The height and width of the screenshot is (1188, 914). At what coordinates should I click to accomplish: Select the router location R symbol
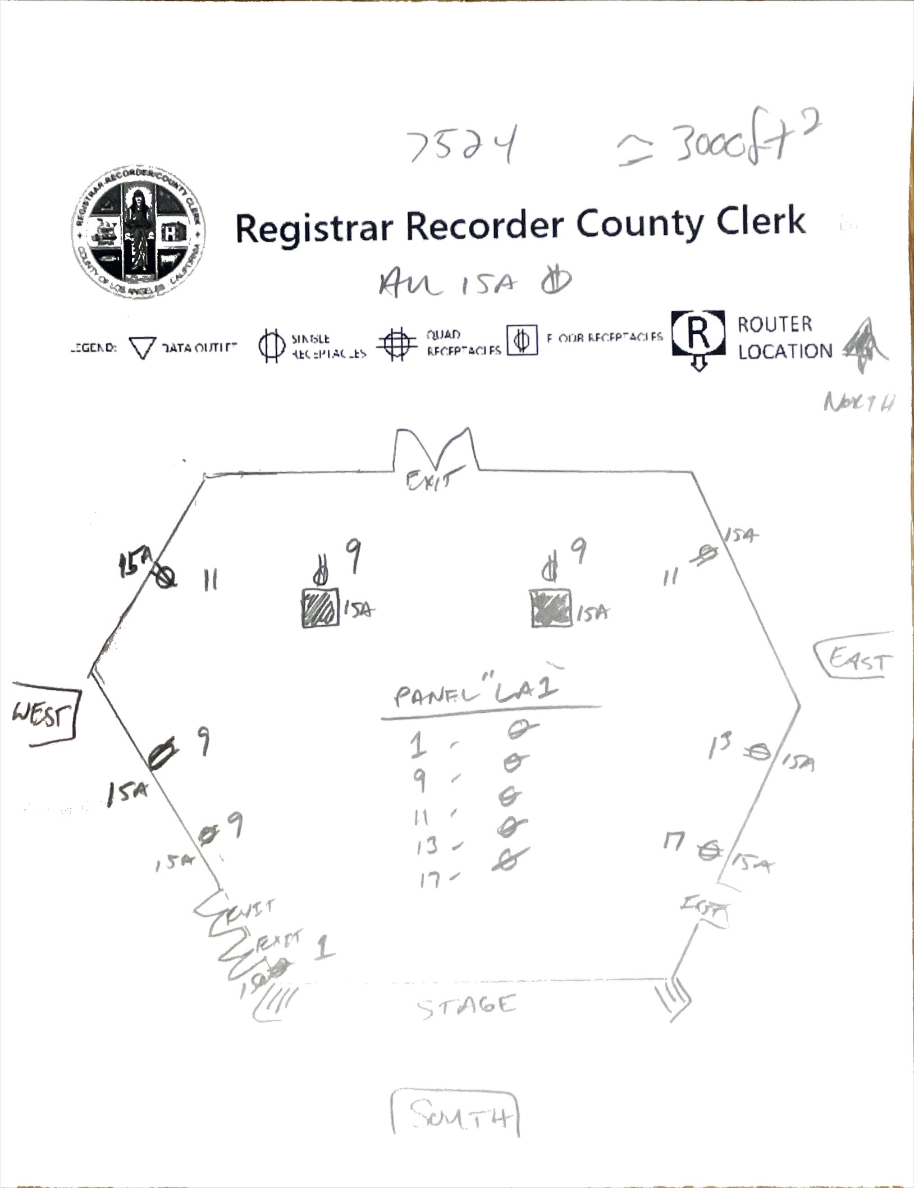click(697, 335)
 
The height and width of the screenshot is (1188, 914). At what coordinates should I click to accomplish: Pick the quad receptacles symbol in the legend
click(397, 343)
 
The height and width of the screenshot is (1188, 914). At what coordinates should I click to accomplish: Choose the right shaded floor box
click(551, 608)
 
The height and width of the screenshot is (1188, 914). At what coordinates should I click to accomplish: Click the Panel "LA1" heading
click(477, 693)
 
